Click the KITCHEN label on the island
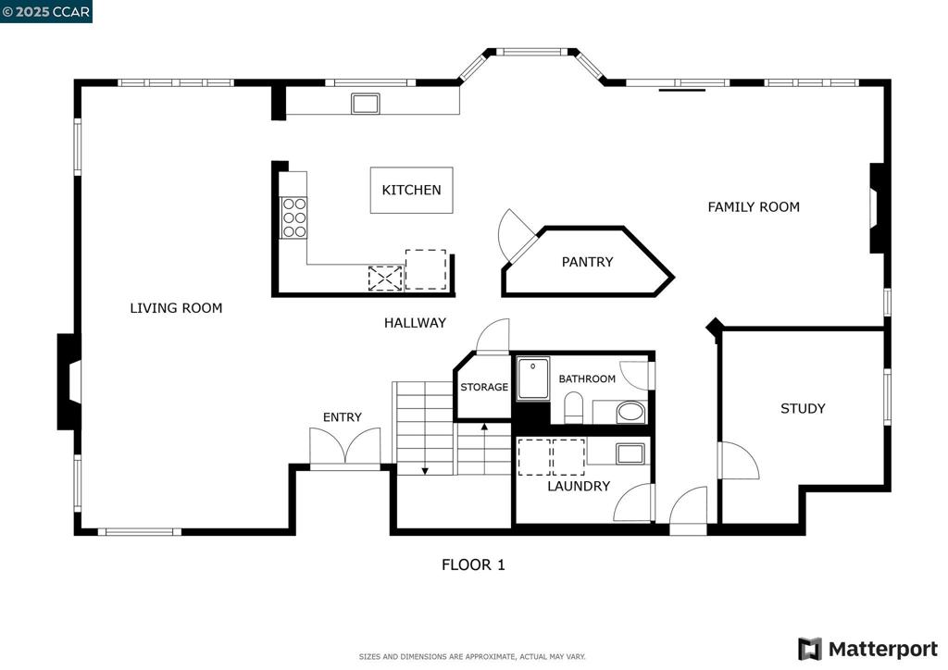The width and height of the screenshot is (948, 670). pos(411,190)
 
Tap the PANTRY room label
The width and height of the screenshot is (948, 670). pos(587,262)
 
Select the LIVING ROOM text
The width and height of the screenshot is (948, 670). pos(176,308)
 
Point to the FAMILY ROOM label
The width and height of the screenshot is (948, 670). pos(754,207)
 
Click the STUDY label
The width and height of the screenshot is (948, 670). pos(803,408)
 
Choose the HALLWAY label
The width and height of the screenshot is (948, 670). pos(415,323)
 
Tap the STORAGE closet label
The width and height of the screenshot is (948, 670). pos(484,387)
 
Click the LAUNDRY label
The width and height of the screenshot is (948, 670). pos(579,486)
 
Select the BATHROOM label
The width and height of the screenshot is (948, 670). pos(586,378)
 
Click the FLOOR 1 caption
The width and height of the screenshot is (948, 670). pos(473,565)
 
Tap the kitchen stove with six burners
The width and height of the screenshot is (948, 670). pos(293,217)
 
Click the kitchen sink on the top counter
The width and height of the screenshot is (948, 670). pos(365,104)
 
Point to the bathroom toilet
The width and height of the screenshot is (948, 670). pos(573,407)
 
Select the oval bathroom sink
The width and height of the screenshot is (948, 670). pos(630,413)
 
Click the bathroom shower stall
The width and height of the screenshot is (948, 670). pos(532,378)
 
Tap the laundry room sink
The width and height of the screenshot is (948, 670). pos(630,453)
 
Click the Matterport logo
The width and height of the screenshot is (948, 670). pos(867,649)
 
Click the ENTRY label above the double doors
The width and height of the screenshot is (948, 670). pos(343,416)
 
